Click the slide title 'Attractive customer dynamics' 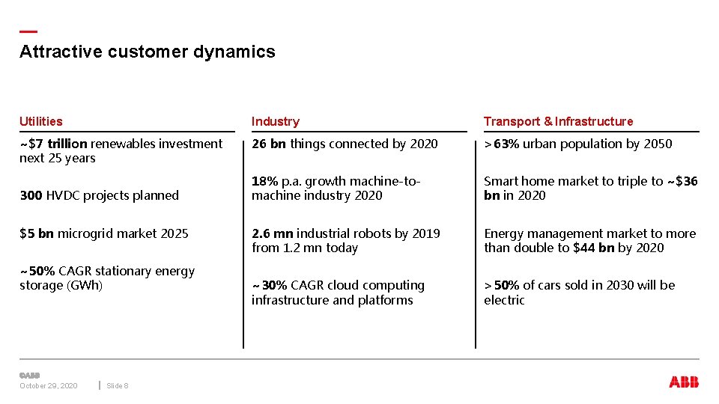pyautogui.click(x=148, y=52)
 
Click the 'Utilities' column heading pyautogui.click(x=41, y=121)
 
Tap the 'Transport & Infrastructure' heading pyautogui.click(x=558, y=121)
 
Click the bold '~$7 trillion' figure pyautogui.click(x=53, y=144)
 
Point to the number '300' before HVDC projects pyautogui.click(x=31, y=195)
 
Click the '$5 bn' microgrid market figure pyautogui.click(x=37, y=233)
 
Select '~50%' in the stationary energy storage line pyautogui.click(x=37, y=271)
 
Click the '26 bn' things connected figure pyautogui.click(x=269, y=144)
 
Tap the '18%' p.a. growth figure pyautogui.click(x=264, y=181)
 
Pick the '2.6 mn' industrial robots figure pyautogui.click(x=273, y=233)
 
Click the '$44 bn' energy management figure pyautogui.click(x=593, y=248)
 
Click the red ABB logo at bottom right pyautogui.click(x=684, y=382)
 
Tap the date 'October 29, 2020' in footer pyautogui.click(x=48, y=385)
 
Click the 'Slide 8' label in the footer pyautogui.click(x=118, y=385)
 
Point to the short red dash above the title pyautogui.click(x=28, y=31)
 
